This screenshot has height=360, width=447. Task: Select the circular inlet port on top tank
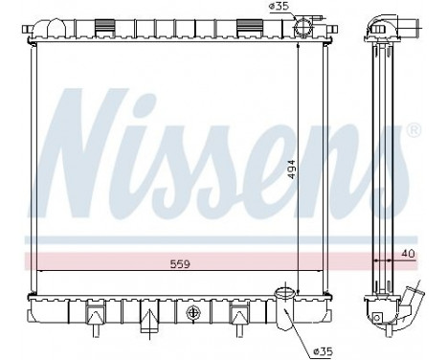point(304,26)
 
